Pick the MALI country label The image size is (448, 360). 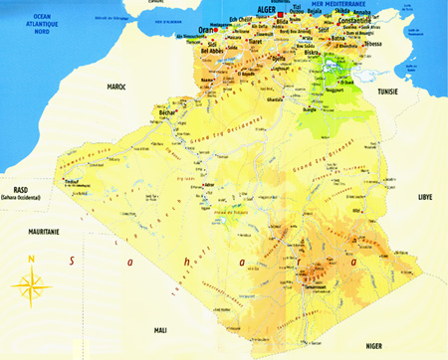point(160,327)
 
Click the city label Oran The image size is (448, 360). point(207,30)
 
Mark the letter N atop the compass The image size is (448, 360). point(33,261)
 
